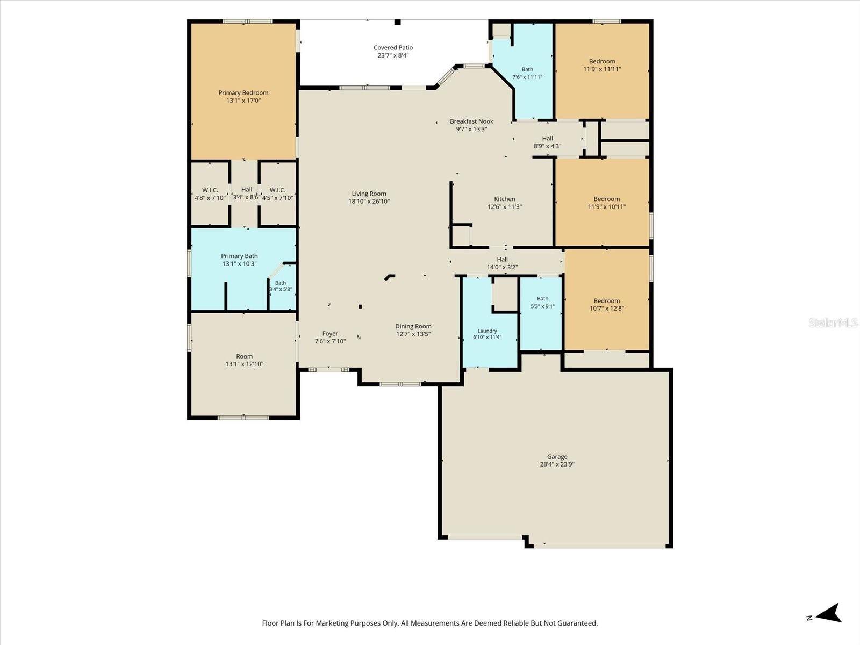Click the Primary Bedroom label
click(243, 93)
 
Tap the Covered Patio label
click(393, 47)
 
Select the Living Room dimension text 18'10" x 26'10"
click(369, 201)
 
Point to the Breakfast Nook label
click(471, 121)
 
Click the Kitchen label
click(504, 199)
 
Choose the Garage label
click(557, 457)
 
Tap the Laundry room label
click(488, 331)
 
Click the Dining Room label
click(413, 326)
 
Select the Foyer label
click(330, 334)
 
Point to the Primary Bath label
click(239, 256)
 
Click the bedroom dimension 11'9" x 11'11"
click(602, 69)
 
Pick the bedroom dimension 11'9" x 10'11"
click(606, 206)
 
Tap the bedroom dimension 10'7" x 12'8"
click(606, 308)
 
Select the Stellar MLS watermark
click(833, 322)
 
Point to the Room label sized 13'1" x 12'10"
click(244, 356)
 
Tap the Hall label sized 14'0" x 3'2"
click(502, 259)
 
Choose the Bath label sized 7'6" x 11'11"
click(527, 69)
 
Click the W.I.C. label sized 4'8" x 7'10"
click(210, 190)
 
